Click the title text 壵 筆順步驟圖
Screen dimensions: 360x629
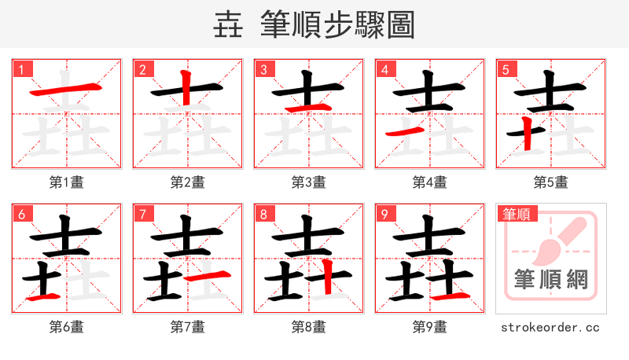click(314, 24)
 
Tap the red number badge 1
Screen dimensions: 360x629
click(21, 69)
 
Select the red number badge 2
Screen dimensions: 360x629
click(142, 69)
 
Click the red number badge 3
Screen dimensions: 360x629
click(263, 69)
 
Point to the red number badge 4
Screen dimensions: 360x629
click(384, 69)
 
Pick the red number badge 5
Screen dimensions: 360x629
click(506, 69)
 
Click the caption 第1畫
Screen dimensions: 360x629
click(67, 182)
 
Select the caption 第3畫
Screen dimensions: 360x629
click(309, 182)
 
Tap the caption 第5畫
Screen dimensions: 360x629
click(551, 182)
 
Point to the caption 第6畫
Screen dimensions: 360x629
click(67, 326)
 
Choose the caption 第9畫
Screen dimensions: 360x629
click(430, 326)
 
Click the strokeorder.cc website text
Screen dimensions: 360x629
click(550, 326)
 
